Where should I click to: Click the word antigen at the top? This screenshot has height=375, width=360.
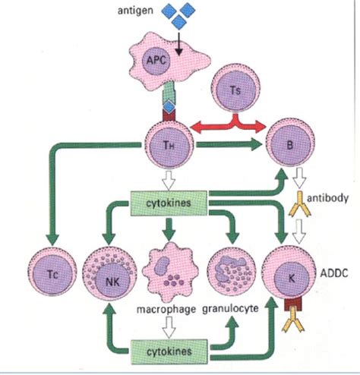pos(135,11)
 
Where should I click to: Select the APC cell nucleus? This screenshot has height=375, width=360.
pos(156,61)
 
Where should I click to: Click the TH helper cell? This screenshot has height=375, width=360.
pos(169,145)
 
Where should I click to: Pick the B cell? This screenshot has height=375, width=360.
pos(291,144)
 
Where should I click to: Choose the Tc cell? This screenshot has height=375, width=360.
pos(52,273)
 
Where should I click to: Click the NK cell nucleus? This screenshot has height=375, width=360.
pos(112,281)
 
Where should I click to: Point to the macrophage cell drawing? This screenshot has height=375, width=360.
pos(170,273)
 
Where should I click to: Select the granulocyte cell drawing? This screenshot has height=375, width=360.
pos(232,272)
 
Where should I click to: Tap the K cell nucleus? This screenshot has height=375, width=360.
pos(292,279)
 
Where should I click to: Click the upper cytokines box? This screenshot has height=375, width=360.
pos(169,203)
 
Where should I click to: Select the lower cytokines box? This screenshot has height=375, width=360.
pos(169,351)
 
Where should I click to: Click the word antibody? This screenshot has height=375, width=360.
pos(327,198)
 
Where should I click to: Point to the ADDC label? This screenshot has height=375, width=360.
pos(334,273)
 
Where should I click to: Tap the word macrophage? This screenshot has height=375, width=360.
pos(166,309)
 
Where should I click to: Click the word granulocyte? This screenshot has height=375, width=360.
pos(230,308)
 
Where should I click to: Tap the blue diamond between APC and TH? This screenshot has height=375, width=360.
pos(169,107)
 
